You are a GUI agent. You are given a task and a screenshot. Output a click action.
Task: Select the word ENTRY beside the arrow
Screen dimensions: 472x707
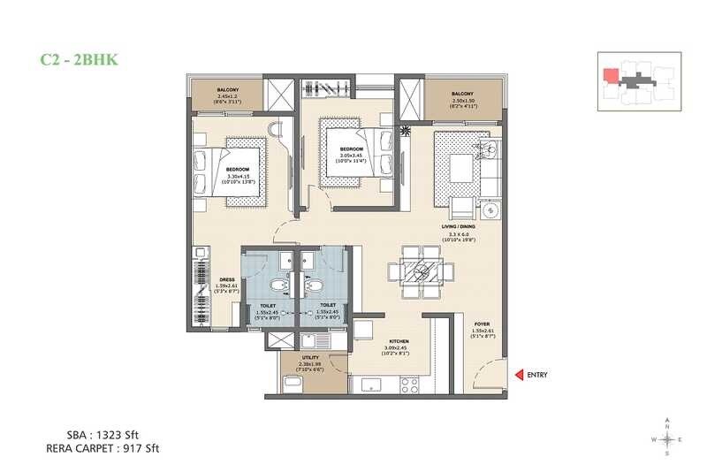click(x=536, y=375)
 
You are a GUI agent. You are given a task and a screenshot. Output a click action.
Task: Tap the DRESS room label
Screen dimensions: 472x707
click(x=227, y=279)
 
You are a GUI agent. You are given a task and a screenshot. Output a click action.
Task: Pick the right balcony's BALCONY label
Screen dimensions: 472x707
click(x=462, y=93)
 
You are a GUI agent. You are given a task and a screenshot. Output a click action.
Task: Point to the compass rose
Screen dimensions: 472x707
click(x=667, y=438)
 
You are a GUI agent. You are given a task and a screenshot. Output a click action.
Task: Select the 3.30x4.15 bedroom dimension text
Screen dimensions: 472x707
click(x=237, y=176)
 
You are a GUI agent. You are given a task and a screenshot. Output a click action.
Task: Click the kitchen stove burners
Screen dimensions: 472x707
click(x=411, y=385)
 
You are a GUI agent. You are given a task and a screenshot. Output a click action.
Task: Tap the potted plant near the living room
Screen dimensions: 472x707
click(x=406, y=131)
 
